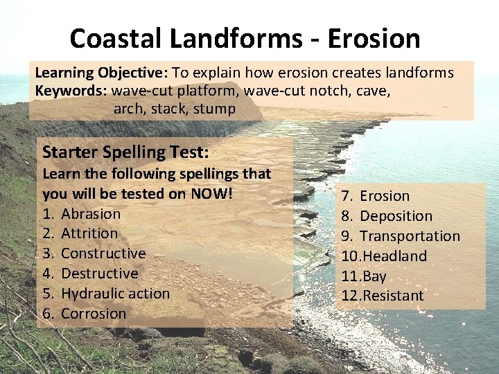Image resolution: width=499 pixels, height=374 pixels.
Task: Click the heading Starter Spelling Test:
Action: (x=125, y=152)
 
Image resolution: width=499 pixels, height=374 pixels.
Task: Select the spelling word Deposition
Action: (x=396, y=216)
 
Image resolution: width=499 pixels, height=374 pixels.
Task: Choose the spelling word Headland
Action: (x=392, y=256)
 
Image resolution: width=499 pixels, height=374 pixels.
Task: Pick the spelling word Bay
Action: (x=374, y=276)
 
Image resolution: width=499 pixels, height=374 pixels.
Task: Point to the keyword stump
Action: (x=214, y=109)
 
